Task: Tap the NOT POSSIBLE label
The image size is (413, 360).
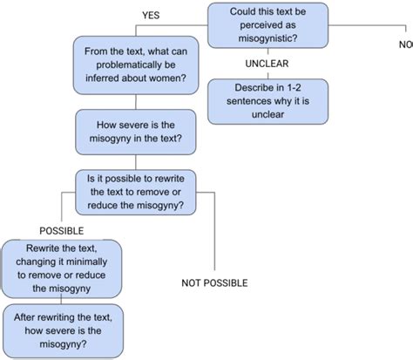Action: point(214,282)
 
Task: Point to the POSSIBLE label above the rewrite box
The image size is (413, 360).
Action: point(62,231)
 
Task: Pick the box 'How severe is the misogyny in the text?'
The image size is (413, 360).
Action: point(134,130)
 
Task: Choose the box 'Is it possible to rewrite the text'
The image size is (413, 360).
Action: point(134,192)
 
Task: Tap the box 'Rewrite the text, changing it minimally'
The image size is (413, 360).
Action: point(62,269)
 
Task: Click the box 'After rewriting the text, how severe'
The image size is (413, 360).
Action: point(62,330)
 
